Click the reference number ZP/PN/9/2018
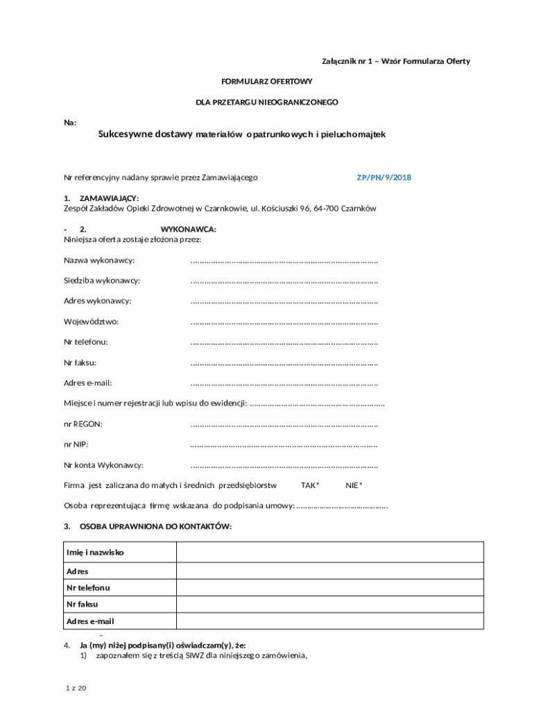(x=384, y=177)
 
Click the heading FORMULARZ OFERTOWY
(x=267, y=82)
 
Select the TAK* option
(x=310, y=485)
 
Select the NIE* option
(x=354, y=485)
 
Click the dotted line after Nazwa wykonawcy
(x=284, y=261)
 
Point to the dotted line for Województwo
(x=284, y=322)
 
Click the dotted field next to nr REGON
(x=284, y=424)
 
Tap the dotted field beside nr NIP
(x=284, y=445)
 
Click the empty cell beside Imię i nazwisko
(x=329, y=553)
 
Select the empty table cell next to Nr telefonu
(x=329, y=588)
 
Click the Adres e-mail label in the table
(x=90, y=621)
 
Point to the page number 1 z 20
(x=75, y=688)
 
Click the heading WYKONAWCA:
(x=189, y=230)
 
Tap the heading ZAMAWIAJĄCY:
(x=109, y=198)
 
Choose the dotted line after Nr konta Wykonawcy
(x=284, y=465)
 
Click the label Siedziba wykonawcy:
(x=102, y=281)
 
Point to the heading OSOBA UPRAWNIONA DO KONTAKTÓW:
(x=155, y=527)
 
